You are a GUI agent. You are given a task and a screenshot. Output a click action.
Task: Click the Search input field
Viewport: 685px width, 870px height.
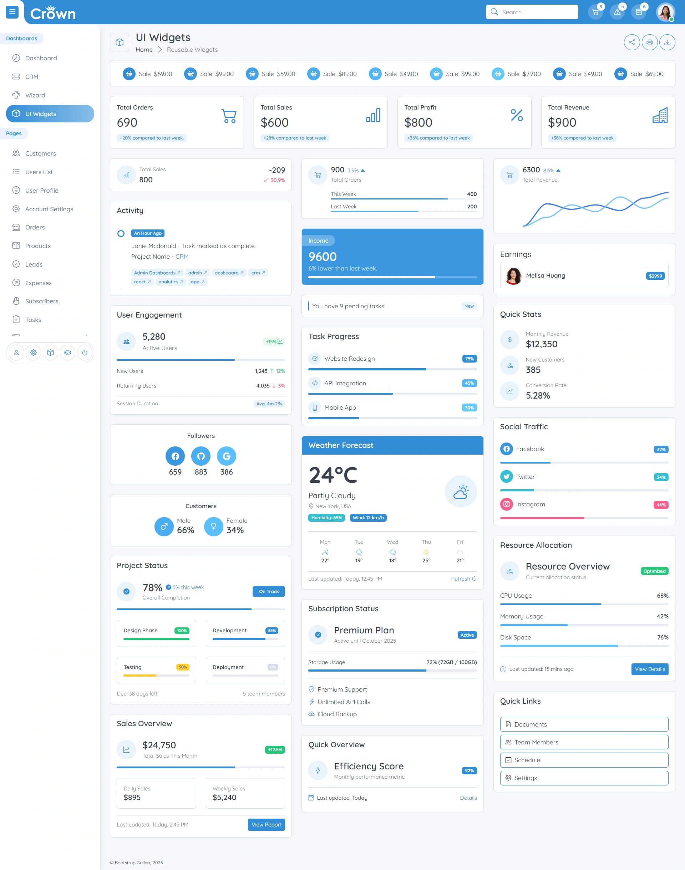click(x=532, y=12)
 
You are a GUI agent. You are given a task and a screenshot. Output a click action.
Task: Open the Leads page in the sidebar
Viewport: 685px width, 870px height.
click(x=34, y=264)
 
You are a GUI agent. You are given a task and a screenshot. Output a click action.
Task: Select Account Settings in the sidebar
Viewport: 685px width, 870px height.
click(x=49, y=209)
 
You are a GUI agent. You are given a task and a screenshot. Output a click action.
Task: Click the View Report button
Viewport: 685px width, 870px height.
click(x=266, y=825)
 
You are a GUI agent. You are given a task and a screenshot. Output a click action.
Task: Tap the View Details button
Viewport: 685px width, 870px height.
click(x=650, y=669)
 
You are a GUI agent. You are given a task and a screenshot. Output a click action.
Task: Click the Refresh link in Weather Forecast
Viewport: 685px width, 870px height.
click(x=463, y=579)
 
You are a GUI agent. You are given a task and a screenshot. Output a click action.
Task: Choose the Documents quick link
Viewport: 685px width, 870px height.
click(x=584, y=724)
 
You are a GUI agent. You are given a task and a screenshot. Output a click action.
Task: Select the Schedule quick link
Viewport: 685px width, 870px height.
click(x=584, y=760)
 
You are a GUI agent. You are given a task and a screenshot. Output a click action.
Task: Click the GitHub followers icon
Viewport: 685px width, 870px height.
click(x=201, y=456)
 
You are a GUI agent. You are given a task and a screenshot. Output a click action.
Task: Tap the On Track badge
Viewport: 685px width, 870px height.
click(x=269, y=592)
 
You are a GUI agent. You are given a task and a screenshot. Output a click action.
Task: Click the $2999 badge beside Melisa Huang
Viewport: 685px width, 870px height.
click(x=655, y=276)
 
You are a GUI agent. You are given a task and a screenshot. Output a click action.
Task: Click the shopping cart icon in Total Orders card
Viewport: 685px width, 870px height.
click(x=229, y=116)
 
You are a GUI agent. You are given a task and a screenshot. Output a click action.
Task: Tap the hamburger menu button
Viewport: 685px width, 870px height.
click(x=12, y=12)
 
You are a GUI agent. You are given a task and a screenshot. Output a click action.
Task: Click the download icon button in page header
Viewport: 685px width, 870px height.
click(x=668, y=42)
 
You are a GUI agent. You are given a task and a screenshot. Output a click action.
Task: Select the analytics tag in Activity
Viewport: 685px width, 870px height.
click(x=171, y=282)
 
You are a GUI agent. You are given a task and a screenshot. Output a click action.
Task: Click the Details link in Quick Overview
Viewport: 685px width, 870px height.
click(x=468, y=798)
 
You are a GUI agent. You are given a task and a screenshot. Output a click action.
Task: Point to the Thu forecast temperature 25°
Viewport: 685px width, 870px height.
click(x=426, y=561)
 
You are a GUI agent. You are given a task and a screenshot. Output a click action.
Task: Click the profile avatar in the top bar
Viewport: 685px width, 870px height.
click(x=665, y=12)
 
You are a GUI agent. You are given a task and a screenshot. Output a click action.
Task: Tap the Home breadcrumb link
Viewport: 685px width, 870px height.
click(x=144, y=50)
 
